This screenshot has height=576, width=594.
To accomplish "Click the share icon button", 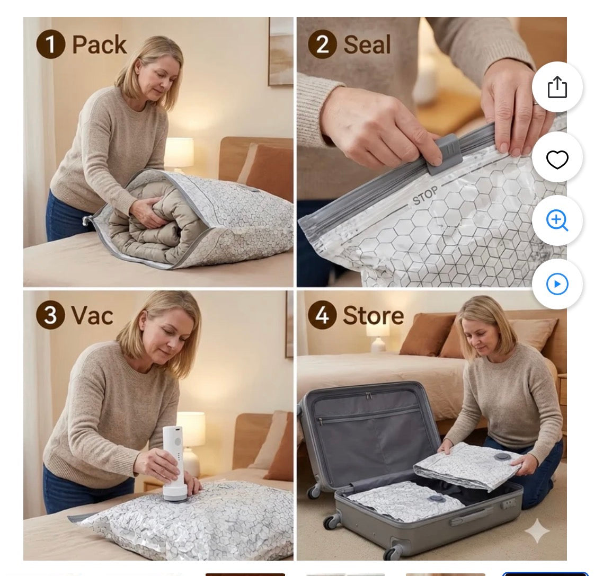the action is coord(557,87).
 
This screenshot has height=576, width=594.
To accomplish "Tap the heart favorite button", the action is coord(557,159).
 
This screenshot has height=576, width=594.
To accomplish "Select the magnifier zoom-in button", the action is coord(557,220).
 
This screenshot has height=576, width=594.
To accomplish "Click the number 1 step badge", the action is coord(50,44).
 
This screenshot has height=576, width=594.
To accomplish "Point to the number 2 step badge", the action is coord(322,44).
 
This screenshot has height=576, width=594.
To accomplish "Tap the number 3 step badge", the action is coord(50,315).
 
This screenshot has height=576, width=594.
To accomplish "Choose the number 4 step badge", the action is coord(322,315).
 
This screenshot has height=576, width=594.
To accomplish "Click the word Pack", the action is coord(99,45).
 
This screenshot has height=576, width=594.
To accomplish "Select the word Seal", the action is coord(367,45).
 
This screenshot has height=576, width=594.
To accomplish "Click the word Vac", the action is coord(92,316).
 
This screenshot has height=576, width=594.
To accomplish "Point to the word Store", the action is coord(374,316).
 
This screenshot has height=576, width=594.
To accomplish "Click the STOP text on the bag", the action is coord(425,196).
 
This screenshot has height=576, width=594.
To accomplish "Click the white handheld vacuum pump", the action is coord(174,464).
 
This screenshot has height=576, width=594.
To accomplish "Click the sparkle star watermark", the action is coord(537,531).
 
